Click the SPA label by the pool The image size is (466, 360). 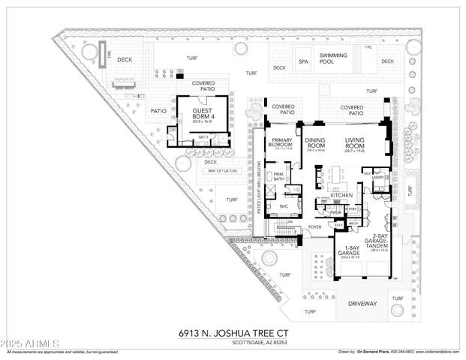304,61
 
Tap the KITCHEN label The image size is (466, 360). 341,196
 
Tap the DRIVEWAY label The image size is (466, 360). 362,304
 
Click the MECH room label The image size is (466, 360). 353,223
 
